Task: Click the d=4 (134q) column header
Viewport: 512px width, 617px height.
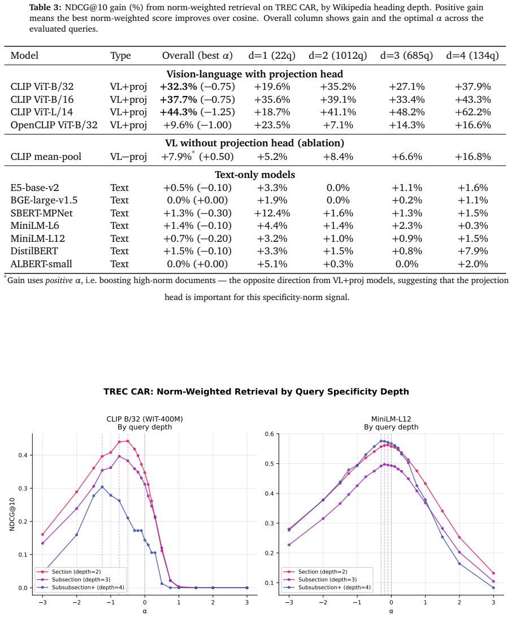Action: coord(472,55)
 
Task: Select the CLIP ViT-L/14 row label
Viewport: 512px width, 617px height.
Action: coord(42,112)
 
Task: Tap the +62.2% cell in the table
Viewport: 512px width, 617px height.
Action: coord(472,112)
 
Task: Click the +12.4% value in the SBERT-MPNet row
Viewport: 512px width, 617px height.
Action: coord(272,213)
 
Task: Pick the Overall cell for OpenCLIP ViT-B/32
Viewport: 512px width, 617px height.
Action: coord(197,125)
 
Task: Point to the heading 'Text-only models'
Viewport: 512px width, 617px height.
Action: coord(255,175)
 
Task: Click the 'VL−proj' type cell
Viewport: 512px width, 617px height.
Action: coord(128,157)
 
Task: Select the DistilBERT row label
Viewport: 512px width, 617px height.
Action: coord(34,251)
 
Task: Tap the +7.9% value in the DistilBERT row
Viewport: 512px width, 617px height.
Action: coord(472,251)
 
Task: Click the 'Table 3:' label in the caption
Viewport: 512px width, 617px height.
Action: coord(45,7)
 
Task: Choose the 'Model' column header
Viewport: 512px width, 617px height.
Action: coord(24,55)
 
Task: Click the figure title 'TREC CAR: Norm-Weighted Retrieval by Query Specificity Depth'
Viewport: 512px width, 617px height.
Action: coord(256,392)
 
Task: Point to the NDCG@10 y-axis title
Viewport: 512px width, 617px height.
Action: coord(12,514)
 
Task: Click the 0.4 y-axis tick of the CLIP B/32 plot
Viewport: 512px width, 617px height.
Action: coord(23,455)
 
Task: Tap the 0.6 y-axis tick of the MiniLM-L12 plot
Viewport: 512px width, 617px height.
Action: coord(269,434)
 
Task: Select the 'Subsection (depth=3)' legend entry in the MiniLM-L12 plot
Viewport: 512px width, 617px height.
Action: coord(319,580)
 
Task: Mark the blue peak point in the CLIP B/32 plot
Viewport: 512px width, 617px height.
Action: coord(102,486)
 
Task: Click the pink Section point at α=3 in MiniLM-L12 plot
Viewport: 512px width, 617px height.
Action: coord(493,573)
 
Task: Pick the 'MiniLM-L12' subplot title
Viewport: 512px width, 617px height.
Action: coord(391,419)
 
